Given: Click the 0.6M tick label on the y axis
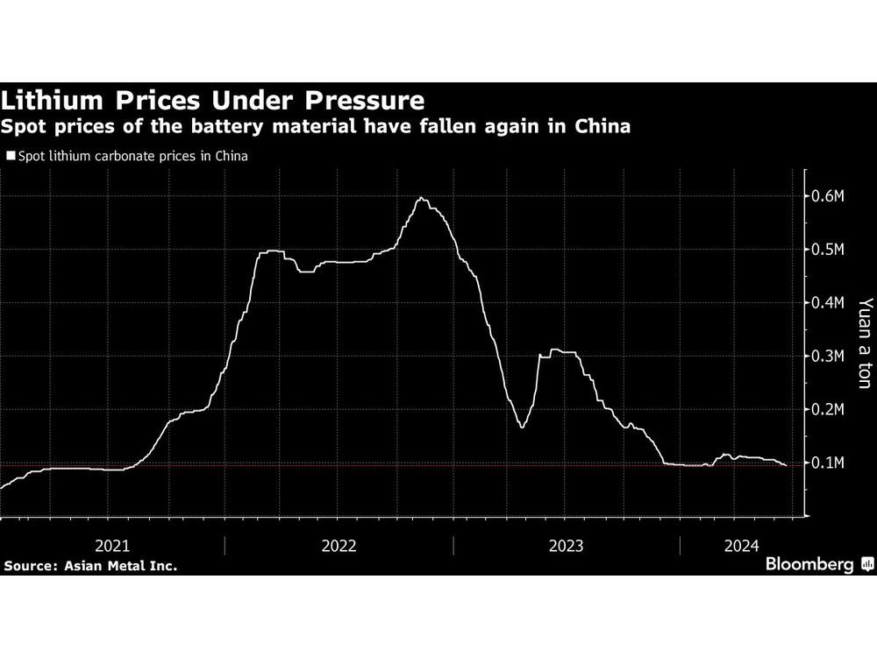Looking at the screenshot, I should tap(827, 196).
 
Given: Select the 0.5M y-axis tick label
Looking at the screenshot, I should tap(827, 250).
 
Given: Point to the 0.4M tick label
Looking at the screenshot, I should tap(827, 303).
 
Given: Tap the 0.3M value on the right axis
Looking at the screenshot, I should tap(827, 357).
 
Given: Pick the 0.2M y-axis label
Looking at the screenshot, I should tap(827, 410).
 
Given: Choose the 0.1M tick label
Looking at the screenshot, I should tap(827, 463).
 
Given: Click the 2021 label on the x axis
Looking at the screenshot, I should tap(111, 546).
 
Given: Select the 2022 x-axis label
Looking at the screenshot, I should tap(339, 546).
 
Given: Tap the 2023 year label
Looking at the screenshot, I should tap(566, 546).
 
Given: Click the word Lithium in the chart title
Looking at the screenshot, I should tap(55, 99).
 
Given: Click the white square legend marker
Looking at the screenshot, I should tap(11, 157).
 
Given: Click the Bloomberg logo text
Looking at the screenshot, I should tap(809, 565).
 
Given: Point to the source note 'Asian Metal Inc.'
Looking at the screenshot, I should tap(120, 566).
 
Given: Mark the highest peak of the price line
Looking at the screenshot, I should tap(421, 198).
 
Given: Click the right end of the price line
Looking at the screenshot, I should tap(786, 465).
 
